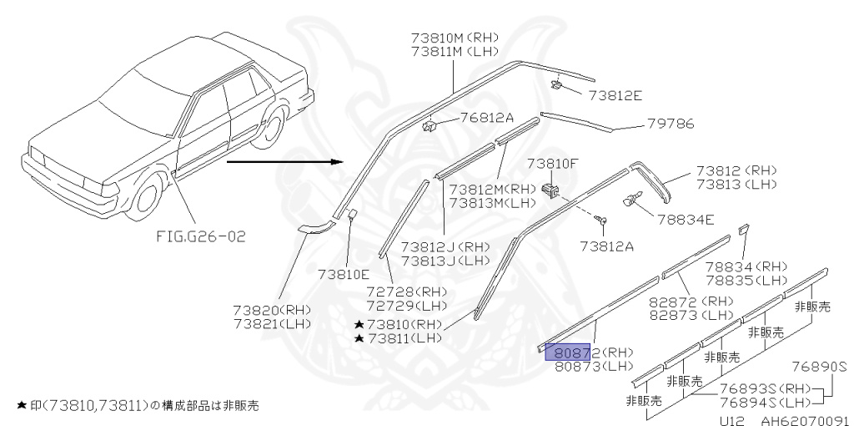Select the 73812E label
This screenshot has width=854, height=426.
pyautogui.click(x=615, y=95)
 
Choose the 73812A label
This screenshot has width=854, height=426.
pyautogui.click(x=608, y=246)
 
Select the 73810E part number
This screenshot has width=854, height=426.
pyautogui.click(x=342, y=272)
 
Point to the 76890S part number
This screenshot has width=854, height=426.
pyautogui.click(x=819, y=366)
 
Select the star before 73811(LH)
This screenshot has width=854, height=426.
pyautogui.click(x=359, y=338)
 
